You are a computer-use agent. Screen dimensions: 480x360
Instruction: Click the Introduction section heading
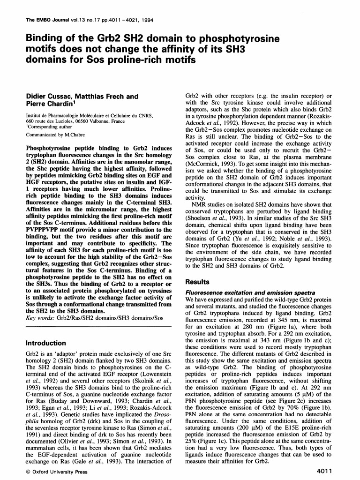46,343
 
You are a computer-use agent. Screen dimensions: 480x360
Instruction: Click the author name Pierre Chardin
49,105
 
